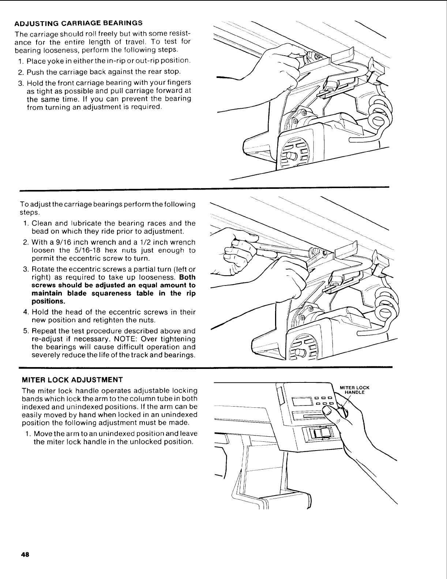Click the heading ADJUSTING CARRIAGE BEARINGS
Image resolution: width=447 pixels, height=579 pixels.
pyautogui.click(x=78, y=23)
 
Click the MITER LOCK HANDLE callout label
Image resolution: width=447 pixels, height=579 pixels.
pyautogui.click(x=354, y=390)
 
